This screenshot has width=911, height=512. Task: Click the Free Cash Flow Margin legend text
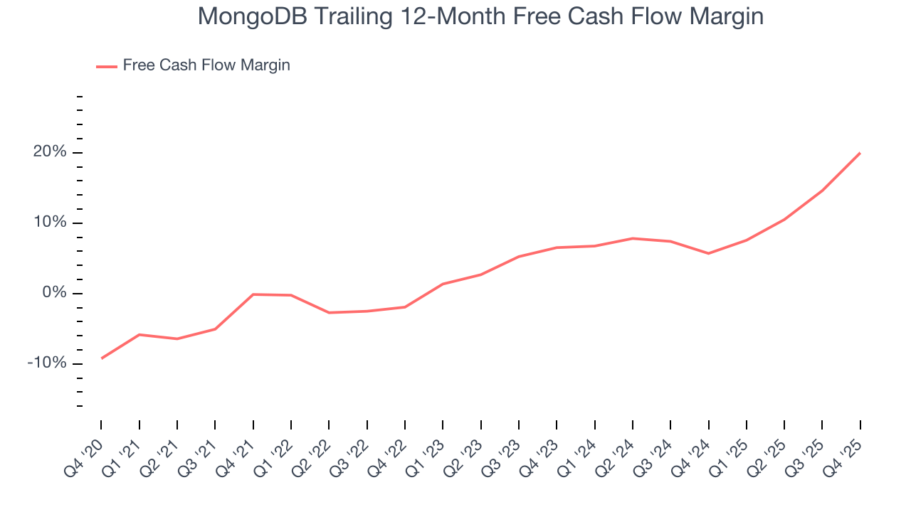(206, 65)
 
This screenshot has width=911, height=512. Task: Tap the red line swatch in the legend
(106, 66)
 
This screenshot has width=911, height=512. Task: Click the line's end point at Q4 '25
(860, 153)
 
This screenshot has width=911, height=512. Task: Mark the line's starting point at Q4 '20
(101, 358)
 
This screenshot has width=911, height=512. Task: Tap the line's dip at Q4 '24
(708, 253)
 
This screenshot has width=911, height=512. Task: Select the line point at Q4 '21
(253, 294)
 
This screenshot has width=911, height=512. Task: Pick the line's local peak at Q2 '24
(633, 238)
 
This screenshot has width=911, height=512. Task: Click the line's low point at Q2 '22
(329, 313)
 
